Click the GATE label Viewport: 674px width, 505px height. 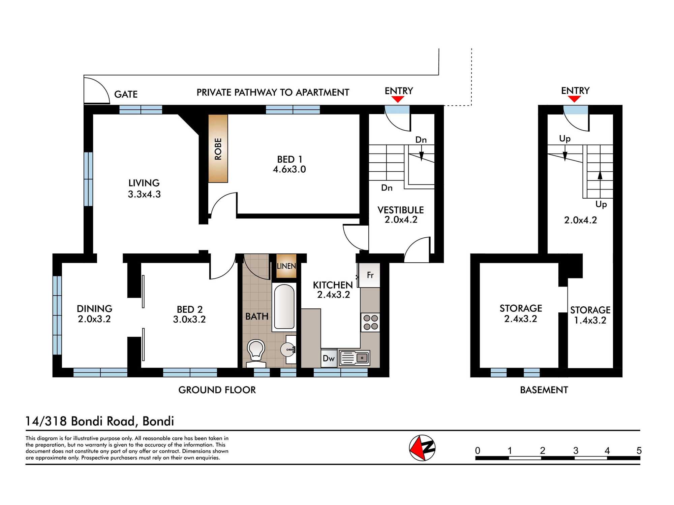click(126, 94)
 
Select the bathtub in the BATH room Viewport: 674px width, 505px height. click(284, 307)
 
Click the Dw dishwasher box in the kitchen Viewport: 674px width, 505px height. click(329, 358)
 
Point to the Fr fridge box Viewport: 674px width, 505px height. click(370, 275)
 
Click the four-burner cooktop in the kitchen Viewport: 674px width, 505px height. click(370, 322)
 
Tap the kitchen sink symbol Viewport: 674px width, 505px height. click(355, 358)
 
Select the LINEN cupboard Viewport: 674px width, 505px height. click(286, 266)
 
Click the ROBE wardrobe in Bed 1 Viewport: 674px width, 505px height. click(218, 148)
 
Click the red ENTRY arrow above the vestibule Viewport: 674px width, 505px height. click(398, 99)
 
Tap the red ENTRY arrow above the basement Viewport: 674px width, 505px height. click(574, 99)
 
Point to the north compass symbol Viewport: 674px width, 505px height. click(422, 448)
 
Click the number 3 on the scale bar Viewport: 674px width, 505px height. click(576, 450)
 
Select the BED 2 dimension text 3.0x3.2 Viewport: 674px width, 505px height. click(189, 319)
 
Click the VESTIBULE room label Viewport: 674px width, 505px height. click(400, 210)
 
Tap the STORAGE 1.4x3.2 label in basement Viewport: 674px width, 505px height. click(590, 315)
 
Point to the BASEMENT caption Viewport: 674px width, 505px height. click(544, 390)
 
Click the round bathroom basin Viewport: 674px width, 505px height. click(287, 350)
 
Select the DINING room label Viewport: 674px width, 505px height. click(94, 309)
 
